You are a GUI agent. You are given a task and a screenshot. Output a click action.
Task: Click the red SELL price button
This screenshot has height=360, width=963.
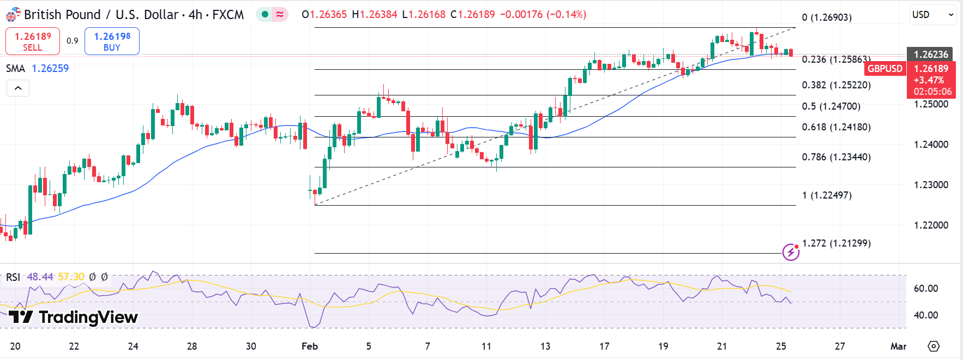pyautogui.click(x=33, y=41)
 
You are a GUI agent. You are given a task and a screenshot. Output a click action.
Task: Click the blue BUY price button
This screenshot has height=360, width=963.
pyautogui.click(x=112, y=41)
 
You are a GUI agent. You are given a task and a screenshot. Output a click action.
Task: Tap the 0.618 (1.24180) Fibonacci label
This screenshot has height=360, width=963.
pyautogui.click(x=836, y=127)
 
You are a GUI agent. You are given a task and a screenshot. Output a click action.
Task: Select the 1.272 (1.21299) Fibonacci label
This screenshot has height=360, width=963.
pyautogui.click(x=836, y=243)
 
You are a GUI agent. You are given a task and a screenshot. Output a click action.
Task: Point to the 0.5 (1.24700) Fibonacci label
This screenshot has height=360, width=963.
pyautogui.click(x=831, y=106)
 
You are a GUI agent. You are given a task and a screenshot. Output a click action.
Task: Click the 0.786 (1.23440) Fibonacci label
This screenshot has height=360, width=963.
pyautogui.click(x=836, y=157)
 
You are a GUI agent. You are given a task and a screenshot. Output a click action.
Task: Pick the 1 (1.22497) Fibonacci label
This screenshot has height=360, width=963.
pyautogui.click(x=827, y=195)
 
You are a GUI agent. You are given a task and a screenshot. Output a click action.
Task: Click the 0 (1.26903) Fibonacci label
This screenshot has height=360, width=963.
pyautogui.click(x=827, y=17)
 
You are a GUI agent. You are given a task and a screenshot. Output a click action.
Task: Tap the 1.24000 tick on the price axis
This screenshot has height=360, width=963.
pyautogui.click(x=931, y=145)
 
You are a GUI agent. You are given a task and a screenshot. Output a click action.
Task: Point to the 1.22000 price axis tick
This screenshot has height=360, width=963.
pyautogui.click(x=931, y=225)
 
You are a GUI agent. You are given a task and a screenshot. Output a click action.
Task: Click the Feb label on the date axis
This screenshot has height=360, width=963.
pyautogui.click(x=309, y=346)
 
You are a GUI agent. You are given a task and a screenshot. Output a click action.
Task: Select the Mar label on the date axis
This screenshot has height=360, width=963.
pyautogui.click(x=898, y=346)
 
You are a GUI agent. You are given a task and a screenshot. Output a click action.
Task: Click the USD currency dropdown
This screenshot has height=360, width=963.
pyautogui.click(x=933, y=15)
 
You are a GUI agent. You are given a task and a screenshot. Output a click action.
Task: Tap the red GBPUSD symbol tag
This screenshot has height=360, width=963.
pyautogui.click(x=884, y=69)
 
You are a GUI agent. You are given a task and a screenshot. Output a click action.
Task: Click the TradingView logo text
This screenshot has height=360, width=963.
pyautogui.click(x=73, y=317)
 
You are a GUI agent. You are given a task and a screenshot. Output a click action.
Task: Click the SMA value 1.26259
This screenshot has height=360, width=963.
pyautogui.click(x=50, y=68)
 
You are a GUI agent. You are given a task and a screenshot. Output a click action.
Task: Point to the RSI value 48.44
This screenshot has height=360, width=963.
pyautogui.click(x=40, y=277)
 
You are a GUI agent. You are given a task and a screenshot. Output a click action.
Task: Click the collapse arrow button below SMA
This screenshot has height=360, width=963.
pyautogui.click(x=18, y=88)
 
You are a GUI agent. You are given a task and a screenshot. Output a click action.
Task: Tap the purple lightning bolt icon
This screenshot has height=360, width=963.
pyautogui.click(x=790, y=252)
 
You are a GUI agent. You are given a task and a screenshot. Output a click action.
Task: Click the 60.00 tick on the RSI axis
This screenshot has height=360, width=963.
pyautogui.click(x=925, y=289)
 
